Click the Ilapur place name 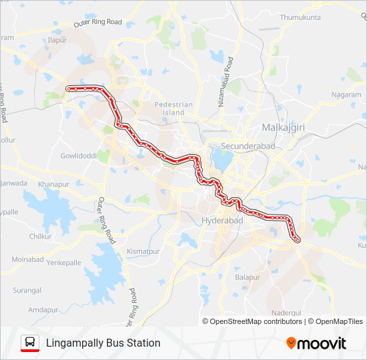click(58, 41)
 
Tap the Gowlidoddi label click(79, 155)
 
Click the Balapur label click(248, 276)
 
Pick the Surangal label click(26, 291)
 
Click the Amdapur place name click(44, 310)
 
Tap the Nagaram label click(346, 95)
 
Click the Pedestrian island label click(173, 109)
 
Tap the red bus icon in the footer click(29, 343)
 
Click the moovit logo click(316, 343)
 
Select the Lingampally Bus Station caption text click(103, 343)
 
